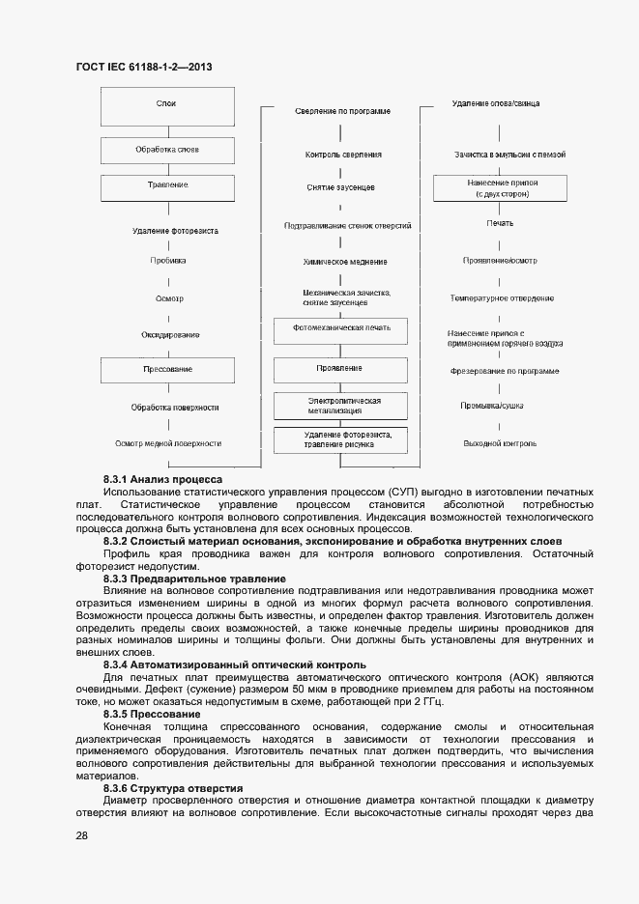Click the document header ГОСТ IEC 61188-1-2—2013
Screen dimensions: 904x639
click(144, 67)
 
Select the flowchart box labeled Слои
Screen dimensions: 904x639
click(168, 103)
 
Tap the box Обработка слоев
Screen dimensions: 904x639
click(168, 150)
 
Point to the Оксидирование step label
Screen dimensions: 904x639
click(168, 334)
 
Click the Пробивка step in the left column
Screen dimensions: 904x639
click(168, 261)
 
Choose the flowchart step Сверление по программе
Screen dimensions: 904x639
click(342, 112)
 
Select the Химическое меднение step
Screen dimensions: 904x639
click(342, 262)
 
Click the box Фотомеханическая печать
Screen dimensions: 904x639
click(342, 328)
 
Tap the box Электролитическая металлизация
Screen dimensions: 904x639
click(342, 405)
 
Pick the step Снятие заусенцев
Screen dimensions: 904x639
click(342, 187)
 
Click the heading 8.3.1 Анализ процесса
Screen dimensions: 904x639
click(162, 479)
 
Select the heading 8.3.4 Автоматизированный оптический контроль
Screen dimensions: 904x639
click(234, 665)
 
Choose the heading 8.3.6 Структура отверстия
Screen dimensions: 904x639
click(173, 789)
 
